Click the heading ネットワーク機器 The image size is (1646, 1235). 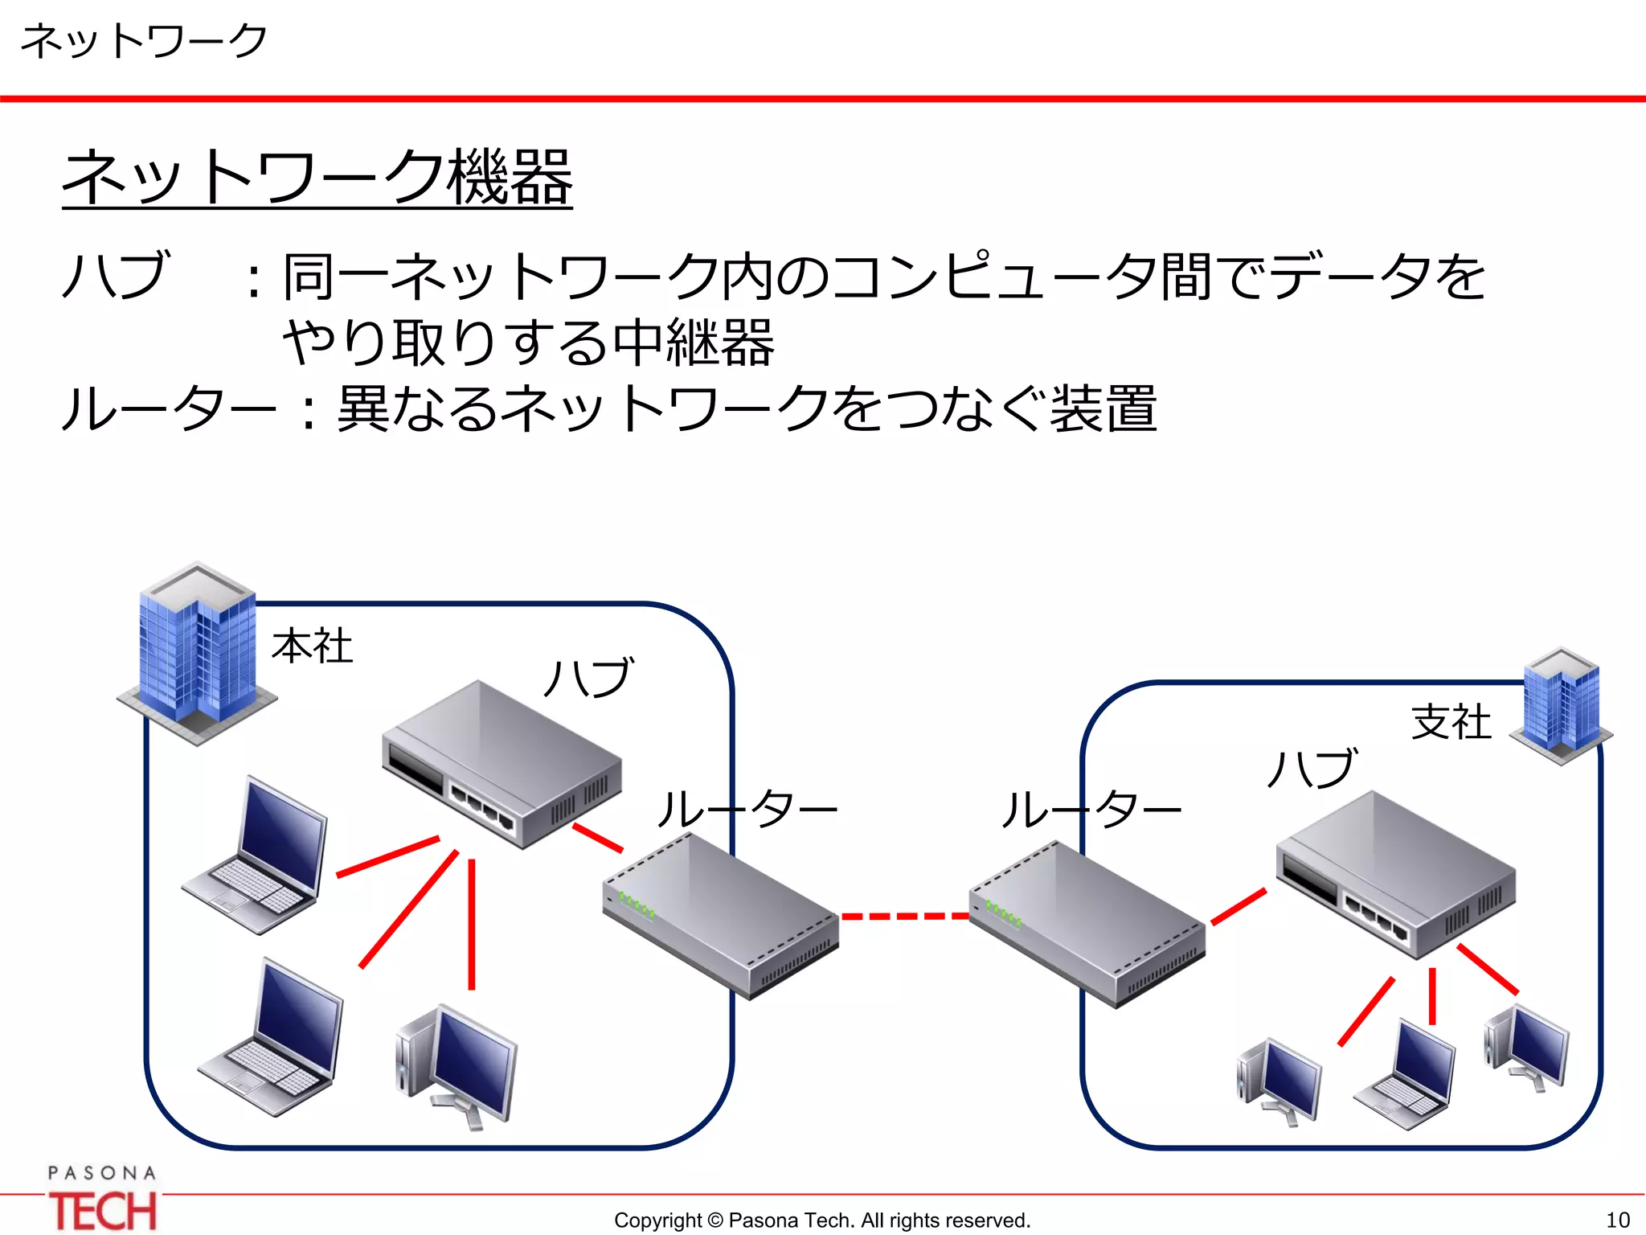click(x=317, y=178)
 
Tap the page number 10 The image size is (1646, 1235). click(x=1617, y=1220)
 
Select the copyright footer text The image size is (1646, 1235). click(x=821, y=1220)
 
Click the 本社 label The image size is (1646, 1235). click(x=312, y=646)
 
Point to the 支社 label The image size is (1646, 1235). click(x=1451, y=721)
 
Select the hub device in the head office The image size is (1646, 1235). click(x=500, y=764)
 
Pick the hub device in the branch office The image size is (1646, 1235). click(x=1396, y=874)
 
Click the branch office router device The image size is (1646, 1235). click(x=1087, y=923)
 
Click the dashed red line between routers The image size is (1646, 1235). click(x=904, y=916)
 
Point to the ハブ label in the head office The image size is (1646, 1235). click(x=589, y=677)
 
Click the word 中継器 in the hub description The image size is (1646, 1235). click(x=694, y=343)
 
